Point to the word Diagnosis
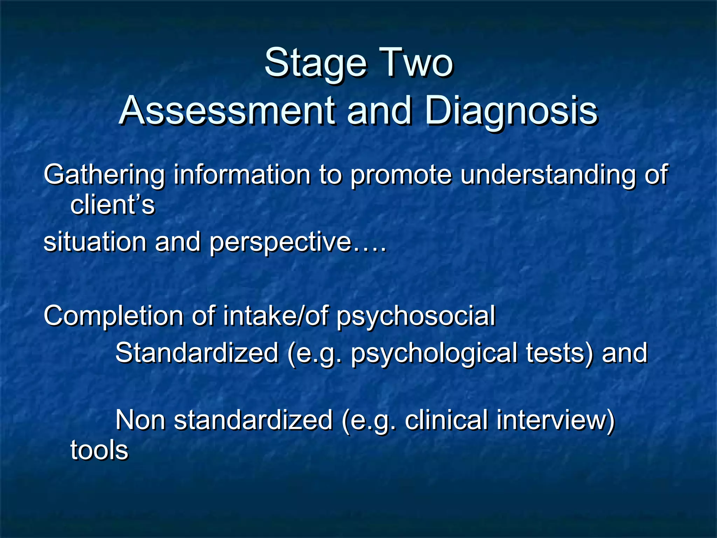[x=511, y=111]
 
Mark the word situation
[x=95, y=242]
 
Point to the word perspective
[x=280, y=243]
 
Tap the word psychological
[x=434, y=353]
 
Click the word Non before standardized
[x=140, y=420]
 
